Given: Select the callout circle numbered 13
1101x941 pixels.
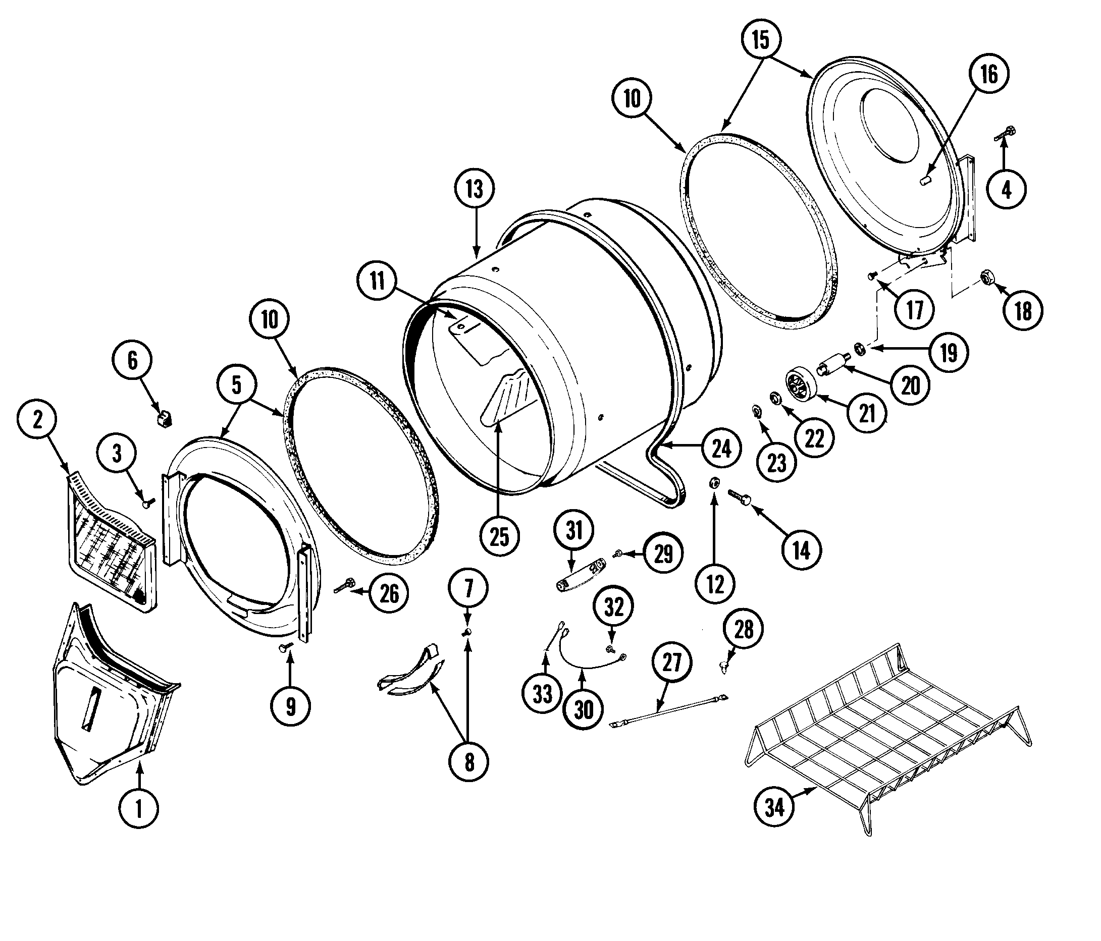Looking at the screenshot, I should click(475, 189).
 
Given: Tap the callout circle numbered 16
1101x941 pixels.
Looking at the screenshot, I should click(989, 74).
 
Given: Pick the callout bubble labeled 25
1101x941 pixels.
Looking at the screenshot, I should click(499, 537).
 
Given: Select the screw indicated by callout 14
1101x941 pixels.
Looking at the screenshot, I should click(741, 497).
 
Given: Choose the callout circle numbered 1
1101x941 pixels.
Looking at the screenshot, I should click(139, 809).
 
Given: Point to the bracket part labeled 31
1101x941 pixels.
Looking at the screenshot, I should click(580, 576).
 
